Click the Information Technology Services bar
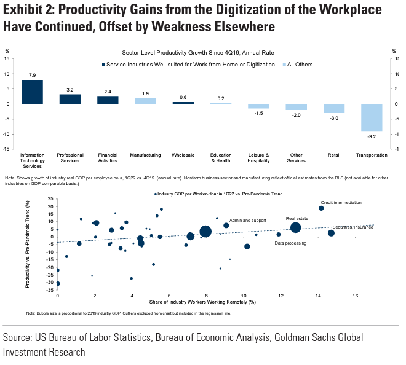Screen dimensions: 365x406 [32, 92]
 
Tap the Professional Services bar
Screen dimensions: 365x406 [70, 99]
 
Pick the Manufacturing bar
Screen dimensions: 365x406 [145, 101]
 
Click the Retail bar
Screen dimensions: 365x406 [333, 108]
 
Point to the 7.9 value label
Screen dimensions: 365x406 [32, 75]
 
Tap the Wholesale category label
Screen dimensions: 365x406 [183, 155]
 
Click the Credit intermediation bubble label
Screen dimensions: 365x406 [341, 202]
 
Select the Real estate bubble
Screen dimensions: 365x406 [295, 227]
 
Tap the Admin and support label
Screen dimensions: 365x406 [247, 219]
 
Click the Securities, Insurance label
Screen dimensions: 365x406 [353, 227]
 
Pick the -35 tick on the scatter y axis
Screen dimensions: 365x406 [50, 292]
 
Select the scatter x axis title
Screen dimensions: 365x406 [202, 302]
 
